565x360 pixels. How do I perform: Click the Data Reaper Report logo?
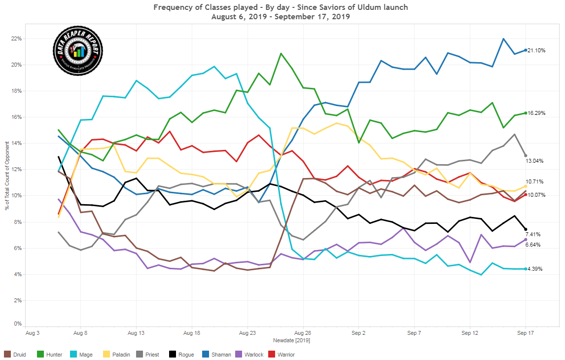click(77, 51)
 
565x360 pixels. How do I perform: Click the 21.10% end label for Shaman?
click(536, 50)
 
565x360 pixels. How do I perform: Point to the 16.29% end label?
click(536, 113)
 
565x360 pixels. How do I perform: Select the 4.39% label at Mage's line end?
click(535, 269)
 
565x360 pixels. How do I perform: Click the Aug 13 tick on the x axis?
click(136, 333)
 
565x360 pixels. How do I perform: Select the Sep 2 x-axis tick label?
click(358, 333)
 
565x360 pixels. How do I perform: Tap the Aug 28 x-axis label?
click(303, 333)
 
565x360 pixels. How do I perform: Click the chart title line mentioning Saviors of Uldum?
click(281, 7)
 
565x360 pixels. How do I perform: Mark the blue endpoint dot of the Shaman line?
click(525, 50)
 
